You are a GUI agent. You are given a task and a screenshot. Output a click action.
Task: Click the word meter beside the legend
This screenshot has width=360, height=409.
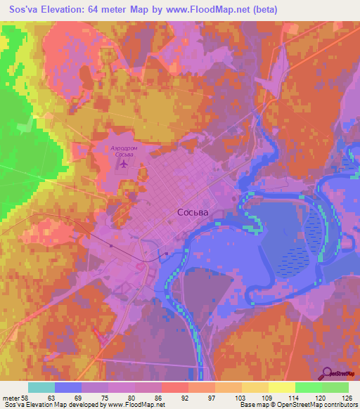(12, 398)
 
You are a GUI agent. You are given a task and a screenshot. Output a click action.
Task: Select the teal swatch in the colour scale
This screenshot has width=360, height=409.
(41, 387)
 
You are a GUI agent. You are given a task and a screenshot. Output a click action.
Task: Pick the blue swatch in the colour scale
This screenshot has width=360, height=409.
(68, 387)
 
